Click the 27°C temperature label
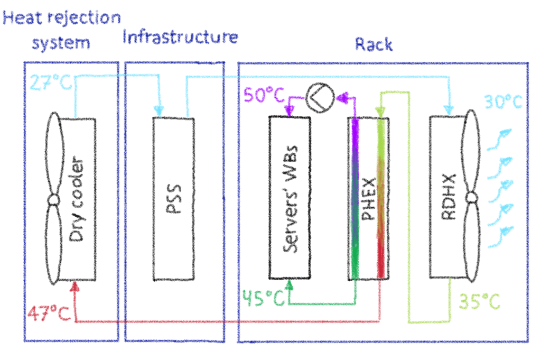click(51, 82)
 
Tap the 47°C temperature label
click(49, 313)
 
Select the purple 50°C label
click(264, 95)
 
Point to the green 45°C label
click(264, 298)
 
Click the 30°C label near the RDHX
click(503, 102)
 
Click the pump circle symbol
click(320, 98)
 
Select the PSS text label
click(173, 199)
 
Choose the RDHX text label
click(449, 197)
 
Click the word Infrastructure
click(180, 36)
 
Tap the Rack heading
click(374, 44)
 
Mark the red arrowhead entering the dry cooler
click(75, 287)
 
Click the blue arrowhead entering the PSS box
click(158, 111)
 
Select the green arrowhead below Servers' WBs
click(290, 284)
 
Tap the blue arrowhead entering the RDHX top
click(449, 110)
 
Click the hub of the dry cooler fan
click(53, 200)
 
